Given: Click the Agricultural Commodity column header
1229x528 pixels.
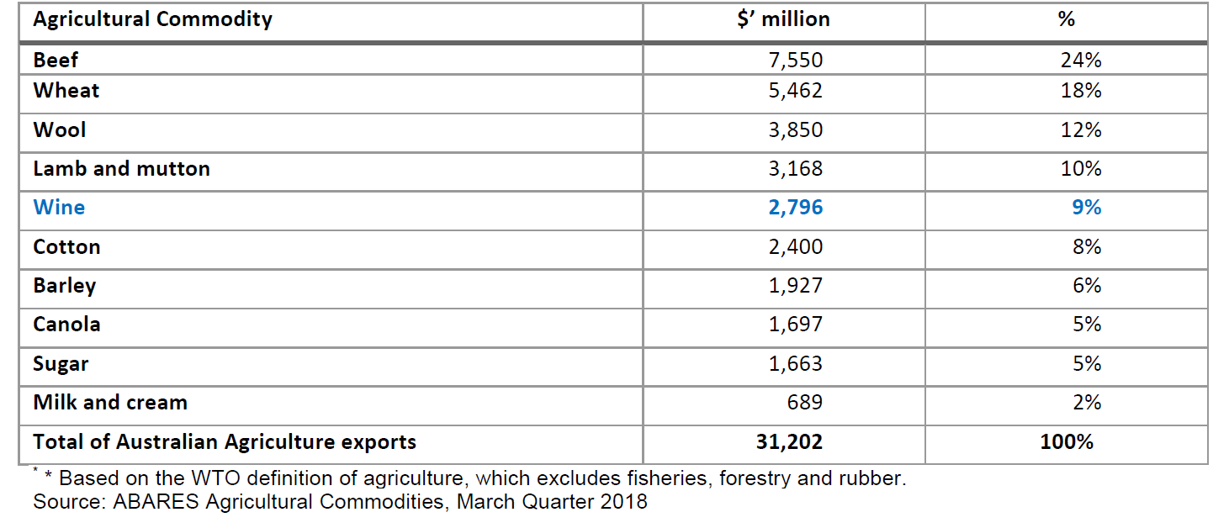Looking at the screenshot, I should pos(152,19).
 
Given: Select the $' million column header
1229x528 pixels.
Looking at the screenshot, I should pos(782,19).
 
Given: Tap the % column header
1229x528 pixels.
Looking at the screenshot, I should pos(1066,19).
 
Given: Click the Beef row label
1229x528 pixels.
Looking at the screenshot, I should pos(56,60).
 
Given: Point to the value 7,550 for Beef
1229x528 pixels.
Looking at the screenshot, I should pos(795,60).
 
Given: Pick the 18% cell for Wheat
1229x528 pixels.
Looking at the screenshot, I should pos(1081,91).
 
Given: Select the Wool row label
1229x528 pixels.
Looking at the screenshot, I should pos(60,130).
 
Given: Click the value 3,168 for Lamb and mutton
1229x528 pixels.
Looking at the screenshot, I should pos(795,169).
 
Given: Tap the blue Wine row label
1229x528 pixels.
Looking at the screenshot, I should pos(59,208).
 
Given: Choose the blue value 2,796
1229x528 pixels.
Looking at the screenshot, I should pos(795,208).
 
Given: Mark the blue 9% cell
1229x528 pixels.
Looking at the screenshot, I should pos(1086,208).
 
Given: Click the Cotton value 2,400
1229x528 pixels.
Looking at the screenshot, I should pos(795,247).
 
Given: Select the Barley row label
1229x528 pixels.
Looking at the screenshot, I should pos(65,286).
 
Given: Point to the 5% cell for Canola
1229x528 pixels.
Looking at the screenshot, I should pos(1086,325).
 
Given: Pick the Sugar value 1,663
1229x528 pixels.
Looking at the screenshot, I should pos(795,364).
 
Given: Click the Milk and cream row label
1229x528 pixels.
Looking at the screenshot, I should pos(110,403).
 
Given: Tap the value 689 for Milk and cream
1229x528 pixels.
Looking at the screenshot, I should pos(804,403).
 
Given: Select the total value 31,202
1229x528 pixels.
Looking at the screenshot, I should pos(790,442).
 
